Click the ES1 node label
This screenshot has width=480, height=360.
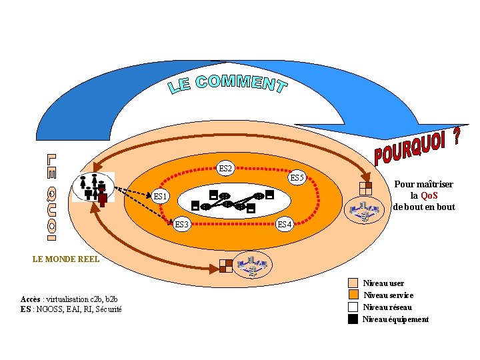(x=160, y=197)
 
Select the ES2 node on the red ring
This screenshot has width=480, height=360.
(x=226, y=169)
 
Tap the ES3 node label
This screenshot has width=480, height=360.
(x=181, y=224)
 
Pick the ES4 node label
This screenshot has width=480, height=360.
(x=284, y=224)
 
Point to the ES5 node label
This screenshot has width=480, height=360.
(x=297, y=178)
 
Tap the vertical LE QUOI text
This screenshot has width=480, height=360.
(x=51, y=197)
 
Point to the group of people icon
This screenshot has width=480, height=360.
(x=93, y=187)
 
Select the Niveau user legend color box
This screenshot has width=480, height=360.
(x=353, y=283)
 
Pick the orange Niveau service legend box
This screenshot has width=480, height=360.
(x=353, y=295)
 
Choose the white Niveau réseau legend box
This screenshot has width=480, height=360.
(x=353, y=307)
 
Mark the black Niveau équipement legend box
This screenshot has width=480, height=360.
(x=353, y=319)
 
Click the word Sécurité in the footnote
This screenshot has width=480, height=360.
(x=109, y=309)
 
